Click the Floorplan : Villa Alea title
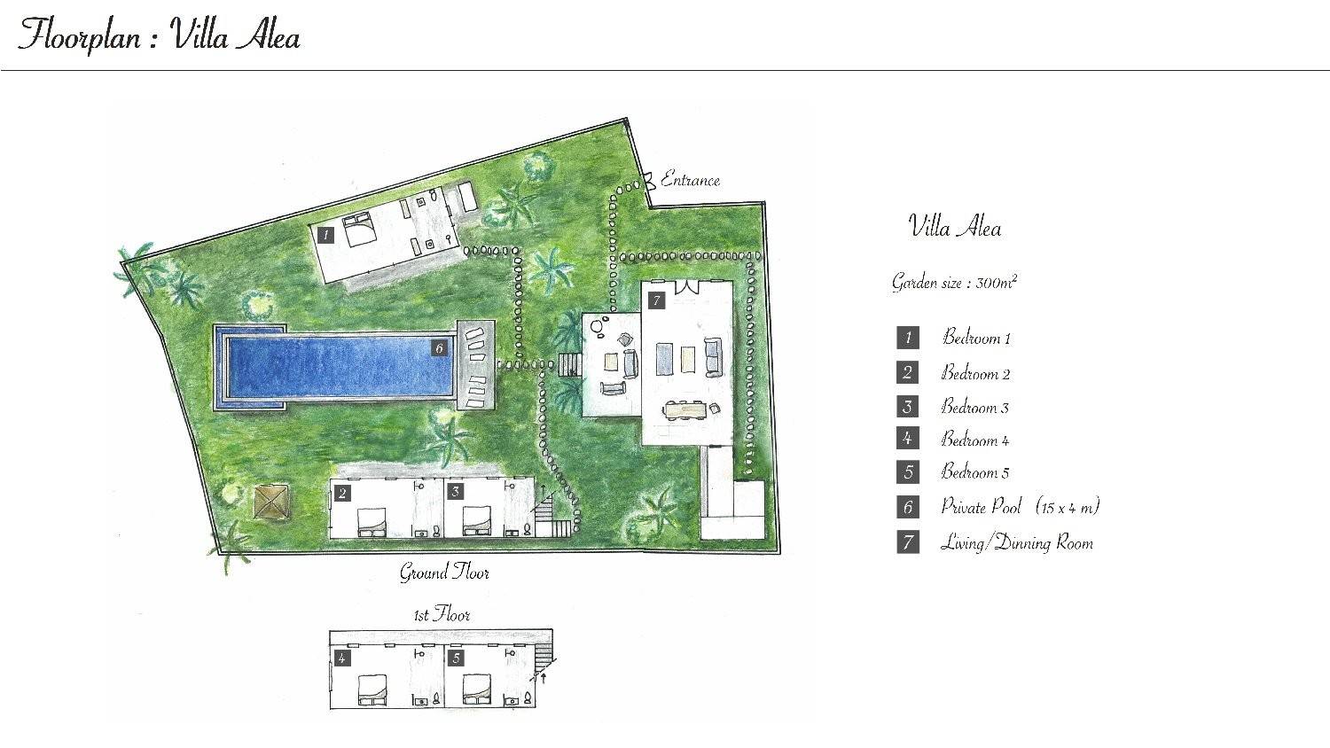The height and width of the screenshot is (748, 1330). pos(159,35)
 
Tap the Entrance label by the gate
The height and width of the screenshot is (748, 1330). pos(690,179)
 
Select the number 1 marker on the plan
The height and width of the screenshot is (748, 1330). pos(325,235)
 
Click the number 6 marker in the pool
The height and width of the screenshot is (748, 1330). pos(440,348)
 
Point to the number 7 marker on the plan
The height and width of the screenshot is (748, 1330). pos(656,301)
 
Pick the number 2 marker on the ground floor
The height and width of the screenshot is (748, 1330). pos(342,494)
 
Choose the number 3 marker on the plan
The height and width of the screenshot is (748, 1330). pos(456,492)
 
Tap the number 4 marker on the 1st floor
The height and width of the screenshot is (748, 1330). pos(342,658)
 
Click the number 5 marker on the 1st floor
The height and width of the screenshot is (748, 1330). pos(456,658)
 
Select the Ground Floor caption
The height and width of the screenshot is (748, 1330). pos(444,573)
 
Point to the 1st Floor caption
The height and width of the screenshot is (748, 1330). pos(442,614)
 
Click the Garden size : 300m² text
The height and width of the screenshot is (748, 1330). pos(954,282)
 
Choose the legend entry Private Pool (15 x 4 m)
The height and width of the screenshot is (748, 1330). pos(1020,507)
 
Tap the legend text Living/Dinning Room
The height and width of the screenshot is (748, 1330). pos(1016,542)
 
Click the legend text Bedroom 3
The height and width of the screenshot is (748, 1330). pos(975,408)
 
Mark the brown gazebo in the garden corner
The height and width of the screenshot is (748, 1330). pos(272,503)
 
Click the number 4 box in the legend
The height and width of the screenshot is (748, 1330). pos(908,439)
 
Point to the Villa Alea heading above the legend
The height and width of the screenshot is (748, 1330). pos(955,227)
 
